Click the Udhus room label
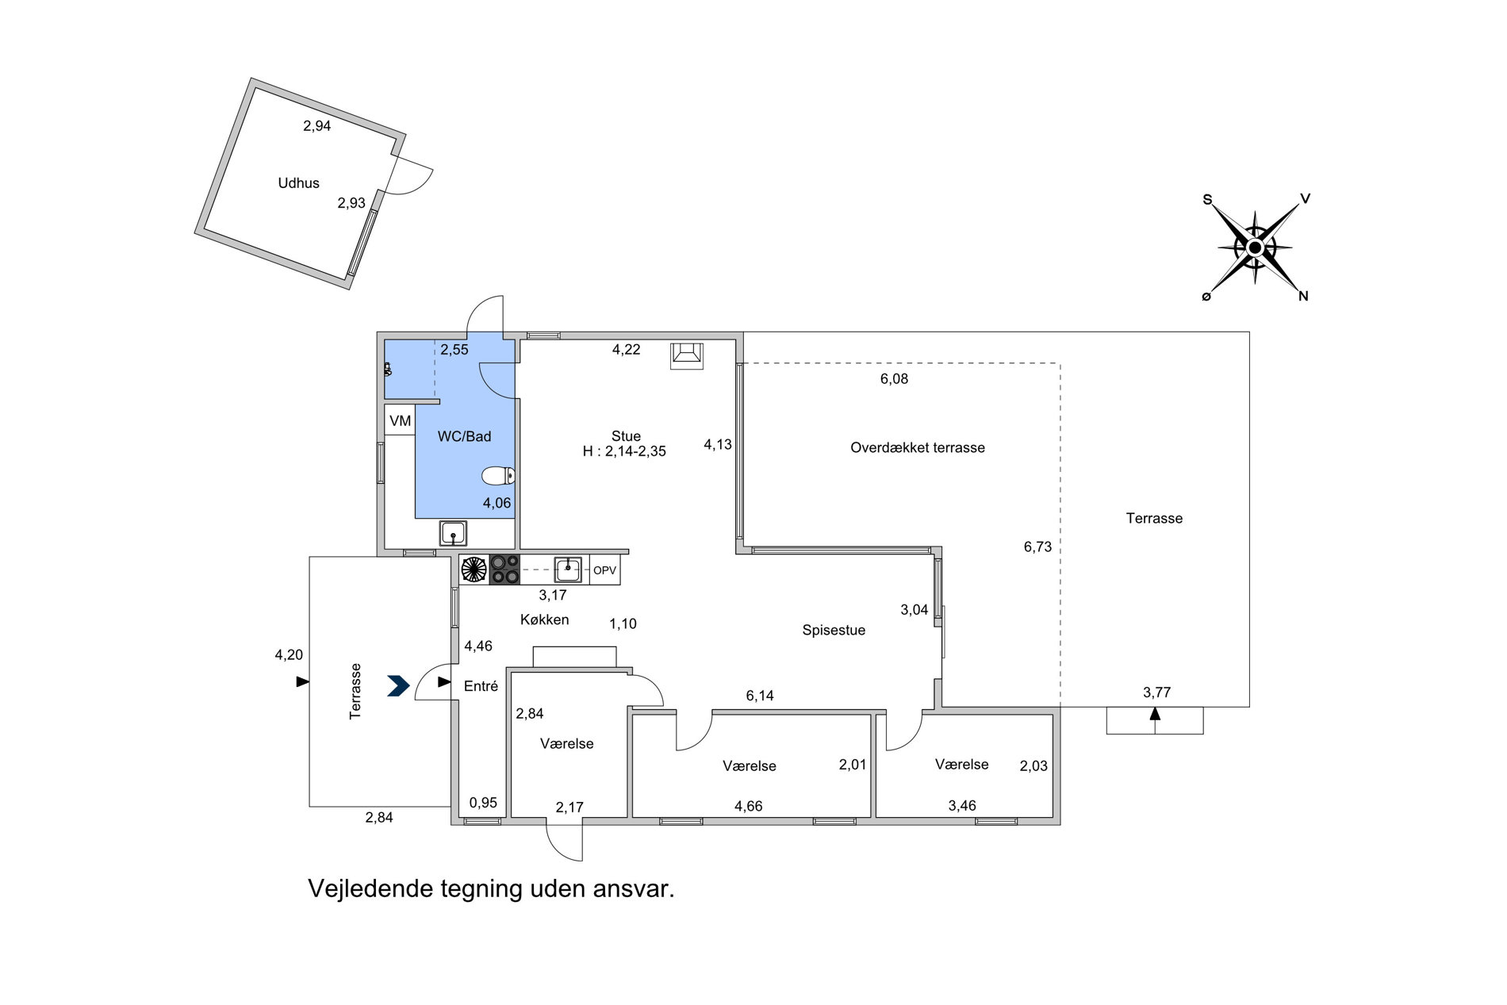click(298, 183)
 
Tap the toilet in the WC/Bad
click(498, 476)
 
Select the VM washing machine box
click(401, 420)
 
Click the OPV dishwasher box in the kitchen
click(604, 570)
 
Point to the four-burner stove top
click(504, 570)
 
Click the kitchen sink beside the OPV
click(568, 569)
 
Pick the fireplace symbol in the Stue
click(687, 355)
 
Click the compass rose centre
click(1255, 247)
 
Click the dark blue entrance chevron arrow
click(398, 685)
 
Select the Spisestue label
click(834, 631)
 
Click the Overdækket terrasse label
click(918, 447)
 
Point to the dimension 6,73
click(1037, 547)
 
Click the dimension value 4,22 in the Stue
click(627, 349)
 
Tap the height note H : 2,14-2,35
click(624, 451)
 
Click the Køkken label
click(545, 619)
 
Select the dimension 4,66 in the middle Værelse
click(749, 807)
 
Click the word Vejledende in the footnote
click(370, 888)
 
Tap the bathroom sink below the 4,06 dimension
click(453, 534)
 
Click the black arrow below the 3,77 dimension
click(1155, 713)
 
